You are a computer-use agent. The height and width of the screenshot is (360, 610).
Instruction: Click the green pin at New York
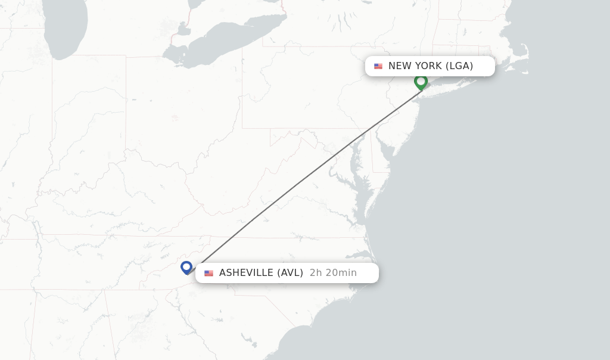pyautogui.click(x=421, y=82)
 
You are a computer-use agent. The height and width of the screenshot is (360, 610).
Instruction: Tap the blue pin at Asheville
pyautogui.click(x=187, y=268)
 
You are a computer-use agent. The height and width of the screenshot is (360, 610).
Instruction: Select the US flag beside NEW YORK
pyautogui.click(x=378, y=66)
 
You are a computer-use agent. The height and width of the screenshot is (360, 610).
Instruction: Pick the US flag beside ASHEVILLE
pyautogui.click(x=208, y=273)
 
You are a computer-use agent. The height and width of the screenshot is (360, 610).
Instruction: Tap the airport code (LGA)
pyautogui.click(x=459, y=66)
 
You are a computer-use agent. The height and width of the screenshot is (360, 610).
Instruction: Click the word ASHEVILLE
pyautogui.click(x=247, y=273)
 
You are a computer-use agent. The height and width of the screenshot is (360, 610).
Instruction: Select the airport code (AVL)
pyautogui.click(x=290, y=273)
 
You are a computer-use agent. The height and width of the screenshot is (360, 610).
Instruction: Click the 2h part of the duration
pyautogui.click(x=316, y=273)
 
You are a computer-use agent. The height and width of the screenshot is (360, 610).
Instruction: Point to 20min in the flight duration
pyautogui.click(x=341, y=273)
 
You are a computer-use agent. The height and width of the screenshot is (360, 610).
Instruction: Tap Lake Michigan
pyautogui.click(x=66, y=27)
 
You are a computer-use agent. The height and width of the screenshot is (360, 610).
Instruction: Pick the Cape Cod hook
pyautogui.click(x=523, y=51)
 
